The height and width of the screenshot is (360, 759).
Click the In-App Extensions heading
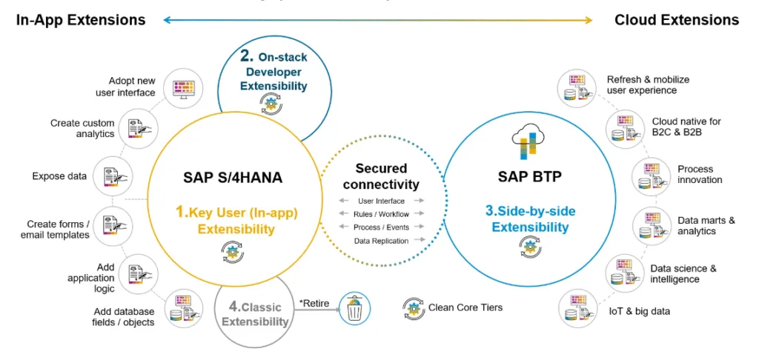click(x=81, y=20)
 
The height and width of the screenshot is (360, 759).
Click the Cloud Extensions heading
click(x=677, y=20)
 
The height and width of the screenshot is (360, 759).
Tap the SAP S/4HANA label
click(x=233, y=178)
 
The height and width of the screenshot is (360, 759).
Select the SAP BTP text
click(x=529, y=176)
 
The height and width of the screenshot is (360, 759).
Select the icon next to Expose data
click(x=112, y=176)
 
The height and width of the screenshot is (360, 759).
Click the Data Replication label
click(x=381, y=241)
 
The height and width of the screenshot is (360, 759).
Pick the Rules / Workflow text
click(x=382, y=214)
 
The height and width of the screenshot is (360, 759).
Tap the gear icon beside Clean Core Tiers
click(x=414, y=308)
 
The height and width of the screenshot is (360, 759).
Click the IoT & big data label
click(x=640, y=311)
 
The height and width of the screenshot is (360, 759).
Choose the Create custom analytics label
click(x=82, y=128)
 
